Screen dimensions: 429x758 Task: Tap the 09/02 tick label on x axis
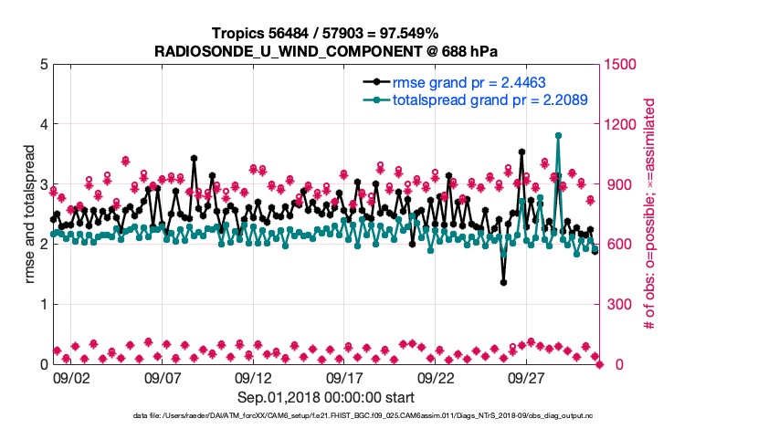pyautogui.click(x=71, y=377)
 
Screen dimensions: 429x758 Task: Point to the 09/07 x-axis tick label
pyautogui.click(x=163, y=377)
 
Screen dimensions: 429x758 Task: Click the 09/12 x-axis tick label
pyautogui.click(x=254, y=377)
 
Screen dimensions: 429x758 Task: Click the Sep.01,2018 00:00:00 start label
pyautogui.click(x=326, y=397)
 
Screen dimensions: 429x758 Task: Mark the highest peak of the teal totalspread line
pyautogui.click(x=558, y=135)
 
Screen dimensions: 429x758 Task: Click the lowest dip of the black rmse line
pyautogui.click(x=503, y=282)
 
